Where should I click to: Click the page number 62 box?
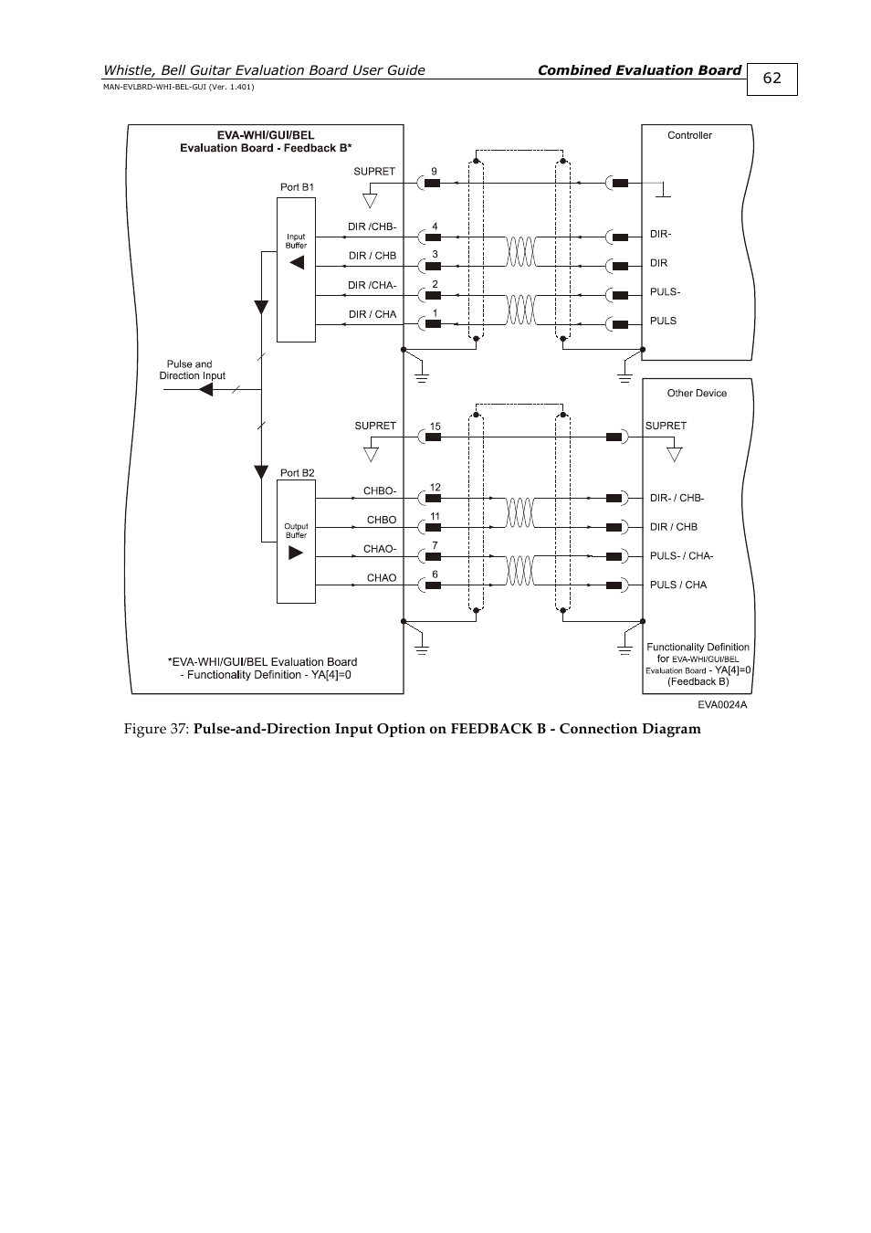pyautogui.click(x=771, y=79)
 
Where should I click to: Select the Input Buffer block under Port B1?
pyautogui.click(x=296, y=270)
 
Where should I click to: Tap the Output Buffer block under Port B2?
pyautogui.click(x=296, y=542)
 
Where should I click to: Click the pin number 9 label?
pyautogui.click(x=435, y=172)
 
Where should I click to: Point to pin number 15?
pyautogui.click(x=435, y=427)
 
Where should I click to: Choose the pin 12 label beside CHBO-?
pyautogui.click(x=435, y=488)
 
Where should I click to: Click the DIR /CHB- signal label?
pyautogui.click(x=372, y=227)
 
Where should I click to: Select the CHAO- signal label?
pyautogui.click(x=380, y=549)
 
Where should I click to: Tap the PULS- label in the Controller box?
pyautogui.click(x=665, y=292)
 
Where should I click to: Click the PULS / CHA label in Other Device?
pyautogui.click(x=677, y=585)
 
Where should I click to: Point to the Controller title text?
pyautogui.click(x=689, y=135)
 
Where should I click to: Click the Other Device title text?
pyautogui.click(x=697, y=394)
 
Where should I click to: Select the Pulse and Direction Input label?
pyautogui.click(x=192, y=370)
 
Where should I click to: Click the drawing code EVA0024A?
pyautogui.click(x=722, y=705)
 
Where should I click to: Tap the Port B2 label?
pyautogui.click(x=297, y=473)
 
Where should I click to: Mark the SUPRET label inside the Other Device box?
pyautogui.click(x=666, y=426)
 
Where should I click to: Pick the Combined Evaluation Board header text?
pyautogui.click(x=639, y=70)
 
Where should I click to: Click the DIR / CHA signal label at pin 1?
pyautogui.click(x=373, y=314)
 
